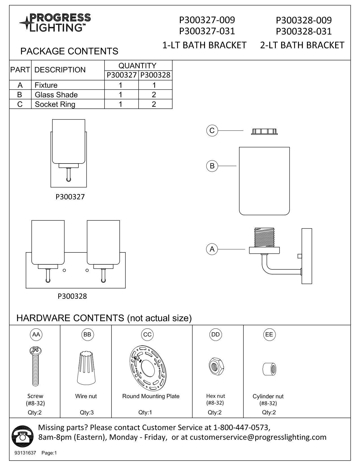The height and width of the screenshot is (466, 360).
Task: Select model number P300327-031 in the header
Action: click(x=207, y=31)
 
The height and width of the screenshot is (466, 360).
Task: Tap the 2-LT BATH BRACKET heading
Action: click(x=302, y=45)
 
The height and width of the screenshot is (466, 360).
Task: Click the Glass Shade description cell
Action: click(x=56, y=95)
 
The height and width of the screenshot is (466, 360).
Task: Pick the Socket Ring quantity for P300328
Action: click(x=154, y=104)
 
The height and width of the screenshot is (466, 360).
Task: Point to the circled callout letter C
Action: click(x=212, y=131)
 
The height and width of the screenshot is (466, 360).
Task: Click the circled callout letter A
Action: click(x=212, y=249)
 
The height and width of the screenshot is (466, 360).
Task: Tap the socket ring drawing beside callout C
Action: click(x=264, y=131)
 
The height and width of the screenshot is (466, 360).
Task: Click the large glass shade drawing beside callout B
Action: click(x=264, y=181)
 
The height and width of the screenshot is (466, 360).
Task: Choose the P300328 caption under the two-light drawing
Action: click(x=72, y=296)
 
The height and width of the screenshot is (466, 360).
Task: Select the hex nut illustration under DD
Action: click(x=215, y=366)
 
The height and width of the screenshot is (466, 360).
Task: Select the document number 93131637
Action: click(x=25, y=453)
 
